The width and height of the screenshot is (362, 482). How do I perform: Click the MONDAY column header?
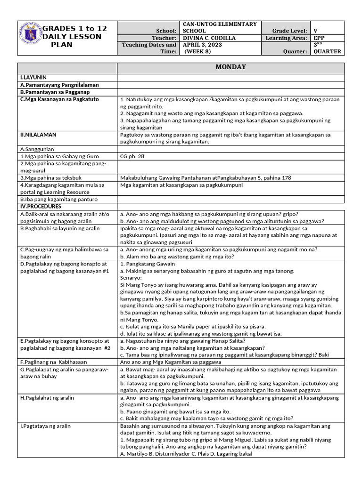coord(230,67)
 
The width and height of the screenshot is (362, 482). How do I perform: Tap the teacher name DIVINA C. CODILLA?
coord(210,38)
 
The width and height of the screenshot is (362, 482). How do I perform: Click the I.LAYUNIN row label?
coord(33,77)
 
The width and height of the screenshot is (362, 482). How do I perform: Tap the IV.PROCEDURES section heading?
coord(41,207)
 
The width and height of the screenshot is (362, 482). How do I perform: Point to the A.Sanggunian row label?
coord(38,149)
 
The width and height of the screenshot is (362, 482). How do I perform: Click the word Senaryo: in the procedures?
coord(134,278)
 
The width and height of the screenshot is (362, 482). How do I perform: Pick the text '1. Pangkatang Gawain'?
coord(148,264)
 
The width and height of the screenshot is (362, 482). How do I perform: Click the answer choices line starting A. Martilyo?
coord(186,454)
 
